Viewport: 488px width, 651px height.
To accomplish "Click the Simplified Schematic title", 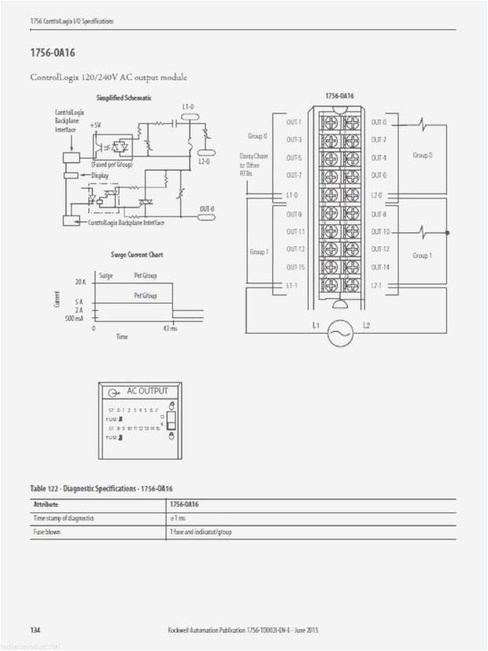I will tap(124, 98).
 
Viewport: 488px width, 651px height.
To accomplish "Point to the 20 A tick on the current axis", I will tap(80, 281).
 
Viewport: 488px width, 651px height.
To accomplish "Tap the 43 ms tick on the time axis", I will tap(170, 327).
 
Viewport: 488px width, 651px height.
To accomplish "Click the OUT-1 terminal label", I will tap(294, 122).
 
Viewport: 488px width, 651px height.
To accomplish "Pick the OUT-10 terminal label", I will tap(380, 231).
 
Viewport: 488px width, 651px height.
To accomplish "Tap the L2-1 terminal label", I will tap(376, 285).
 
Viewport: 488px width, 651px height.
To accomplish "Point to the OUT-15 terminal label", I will tap(295, 268).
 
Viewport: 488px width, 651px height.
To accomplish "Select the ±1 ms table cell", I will tap(178, 518).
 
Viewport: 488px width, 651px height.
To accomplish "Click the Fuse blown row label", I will tap(47, 532).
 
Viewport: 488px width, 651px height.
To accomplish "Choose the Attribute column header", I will tap(46, 504).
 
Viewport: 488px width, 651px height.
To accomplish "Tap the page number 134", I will tap(35, 631).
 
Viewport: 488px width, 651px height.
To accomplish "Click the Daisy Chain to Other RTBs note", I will tap(253, 164).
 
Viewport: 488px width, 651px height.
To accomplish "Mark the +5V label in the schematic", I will tap(95, 124).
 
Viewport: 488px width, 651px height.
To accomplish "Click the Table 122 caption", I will tap(102, 489).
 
